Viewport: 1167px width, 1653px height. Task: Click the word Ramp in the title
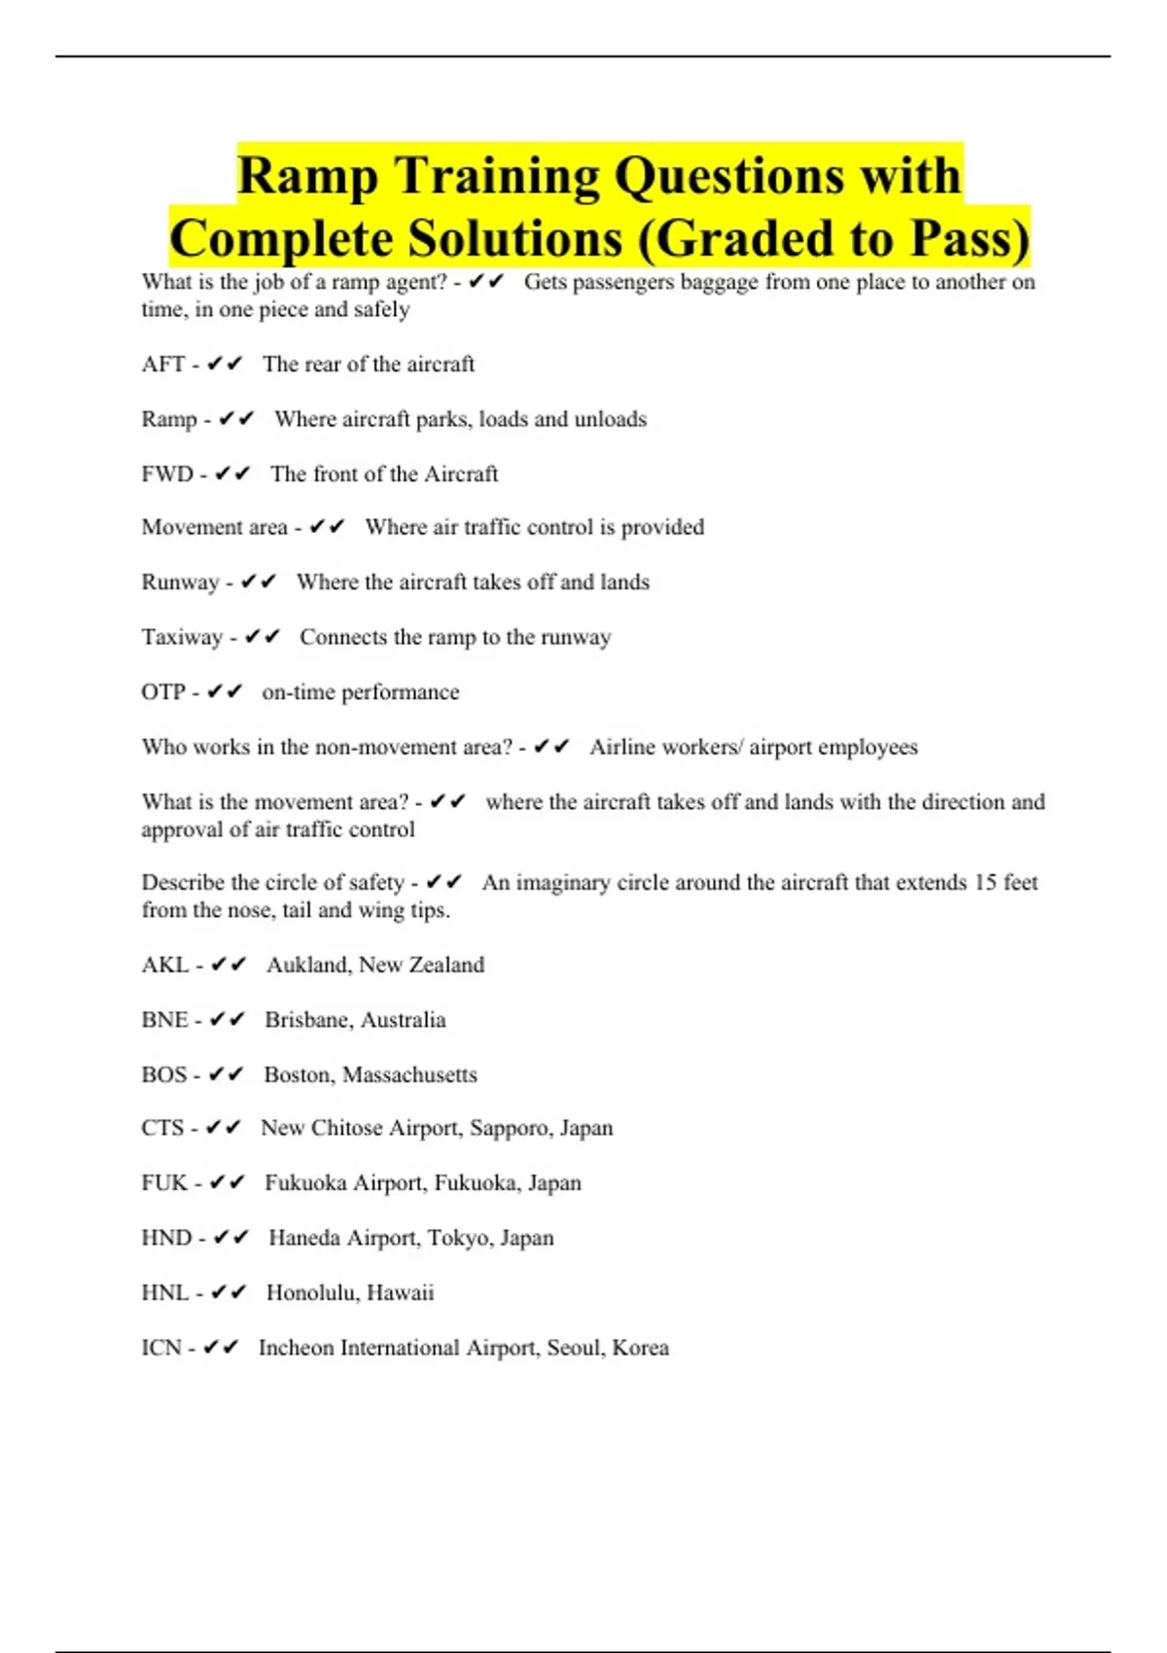click(x=306, y=177)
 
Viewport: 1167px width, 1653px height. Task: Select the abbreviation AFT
click(x=162, y=365)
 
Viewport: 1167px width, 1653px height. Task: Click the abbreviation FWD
click(x=167, y=475)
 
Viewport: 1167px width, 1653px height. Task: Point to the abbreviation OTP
click(x=162, y=692)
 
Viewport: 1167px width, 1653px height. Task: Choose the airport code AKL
click(x=164, y=966)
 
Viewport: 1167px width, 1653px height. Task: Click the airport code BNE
click(x=164, y=1020)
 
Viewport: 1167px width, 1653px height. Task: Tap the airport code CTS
click(x=162, y=1129)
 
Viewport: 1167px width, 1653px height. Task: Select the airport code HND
click(x=166, y=1239)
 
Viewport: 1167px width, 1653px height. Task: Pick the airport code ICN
click(x=161, y=1349)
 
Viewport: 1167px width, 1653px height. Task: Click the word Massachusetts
click(x=409, y=1075)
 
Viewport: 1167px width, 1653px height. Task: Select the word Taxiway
click(x=182, y=638)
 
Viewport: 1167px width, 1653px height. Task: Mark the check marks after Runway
click(x=258, y=582)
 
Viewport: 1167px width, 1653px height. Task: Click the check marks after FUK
click(x=227, y=1183)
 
